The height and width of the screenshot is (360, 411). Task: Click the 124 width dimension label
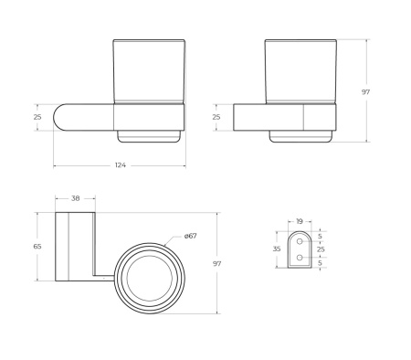(x=120, y=165)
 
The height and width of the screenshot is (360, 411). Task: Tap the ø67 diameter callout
(x=191, y=236)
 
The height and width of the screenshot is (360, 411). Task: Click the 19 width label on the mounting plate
(x=299, y=221)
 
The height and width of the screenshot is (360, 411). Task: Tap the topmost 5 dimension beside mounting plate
(x=320, y=236)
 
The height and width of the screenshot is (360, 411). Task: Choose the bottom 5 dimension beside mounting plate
(x=320, y=263)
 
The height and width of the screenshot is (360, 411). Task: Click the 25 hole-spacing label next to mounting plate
(x=320, y=249)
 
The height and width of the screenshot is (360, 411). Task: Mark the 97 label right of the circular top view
(x=217, y=263)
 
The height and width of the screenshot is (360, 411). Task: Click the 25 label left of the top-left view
(x=38, y=117)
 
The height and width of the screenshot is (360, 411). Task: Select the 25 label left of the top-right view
(x=216, y=117)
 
